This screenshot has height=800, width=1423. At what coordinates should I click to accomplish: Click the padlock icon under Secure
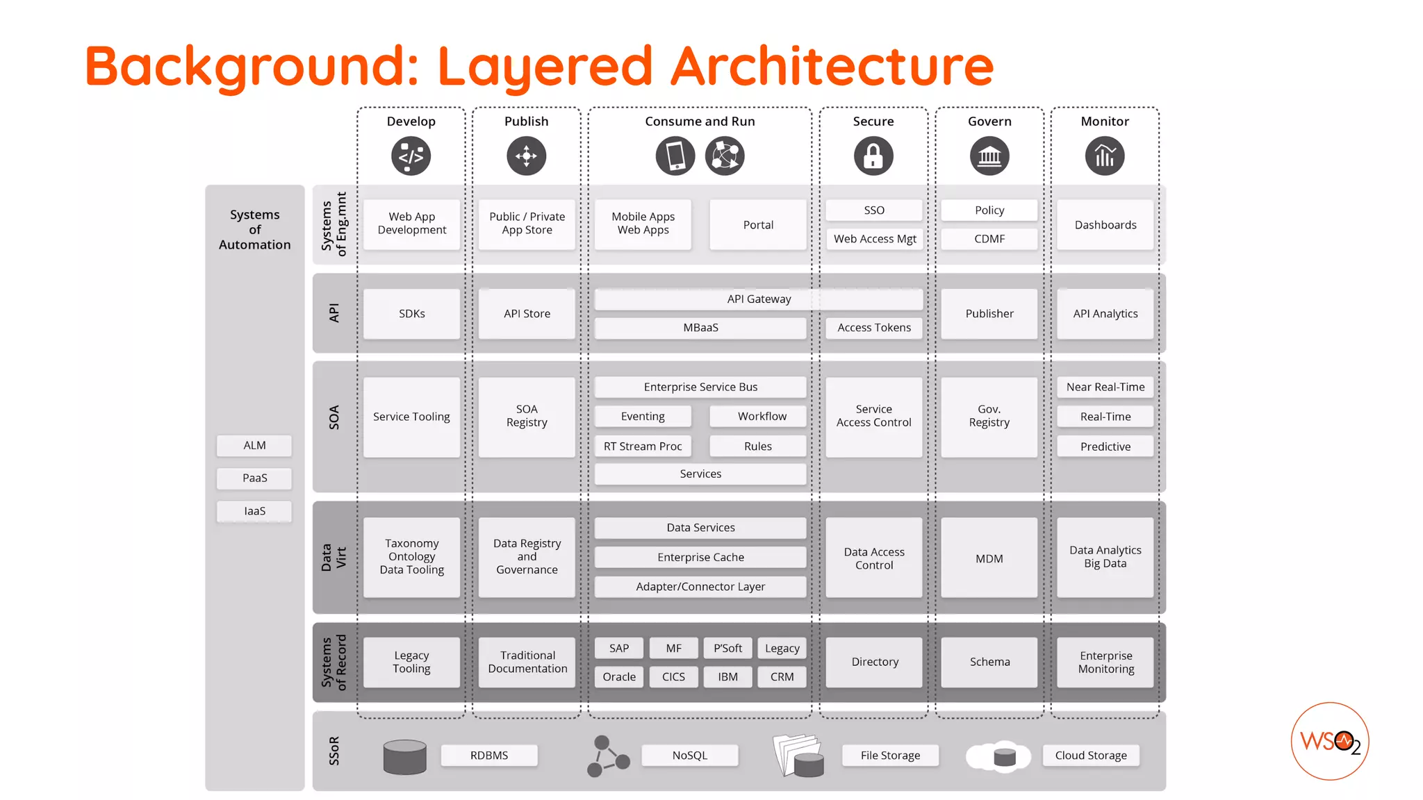(873, 156)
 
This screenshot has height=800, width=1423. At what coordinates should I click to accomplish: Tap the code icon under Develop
(411, 156)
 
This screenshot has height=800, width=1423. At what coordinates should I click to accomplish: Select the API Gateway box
(759, 299)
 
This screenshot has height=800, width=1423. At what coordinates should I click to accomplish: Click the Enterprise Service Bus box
(700, 387)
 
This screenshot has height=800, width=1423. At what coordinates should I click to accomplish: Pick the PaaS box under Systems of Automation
(254, 478)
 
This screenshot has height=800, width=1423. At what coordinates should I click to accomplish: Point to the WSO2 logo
(1329, 741)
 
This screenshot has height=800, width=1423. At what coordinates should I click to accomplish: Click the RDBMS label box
(489, 755)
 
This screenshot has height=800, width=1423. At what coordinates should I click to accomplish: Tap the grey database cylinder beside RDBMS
(405, 756)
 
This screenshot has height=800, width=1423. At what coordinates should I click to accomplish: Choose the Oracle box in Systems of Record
(618, 676)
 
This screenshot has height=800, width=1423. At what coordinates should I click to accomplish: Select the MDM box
(989, 558)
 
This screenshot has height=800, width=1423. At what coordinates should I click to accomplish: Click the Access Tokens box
(874, 328)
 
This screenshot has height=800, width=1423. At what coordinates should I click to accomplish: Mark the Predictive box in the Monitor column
(1105, 447)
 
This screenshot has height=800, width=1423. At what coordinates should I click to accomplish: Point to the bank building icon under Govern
(989, 156)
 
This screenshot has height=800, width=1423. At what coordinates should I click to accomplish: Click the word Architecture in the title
(832, 66)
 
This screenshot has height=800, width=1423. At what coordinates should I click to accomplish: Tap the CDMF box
(989, 239)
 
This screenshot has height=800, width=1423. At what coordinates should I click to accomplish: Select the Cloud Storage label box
(1091, 755)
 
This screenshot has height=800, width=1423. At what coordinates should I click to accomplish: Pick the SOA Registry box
(527, 416)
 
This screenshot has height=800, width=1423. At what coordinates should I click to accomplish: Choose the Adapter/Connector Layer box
(700, 587)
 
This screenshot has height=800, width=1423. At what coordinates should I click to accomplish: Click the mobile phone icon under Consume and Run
(675, 156)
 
